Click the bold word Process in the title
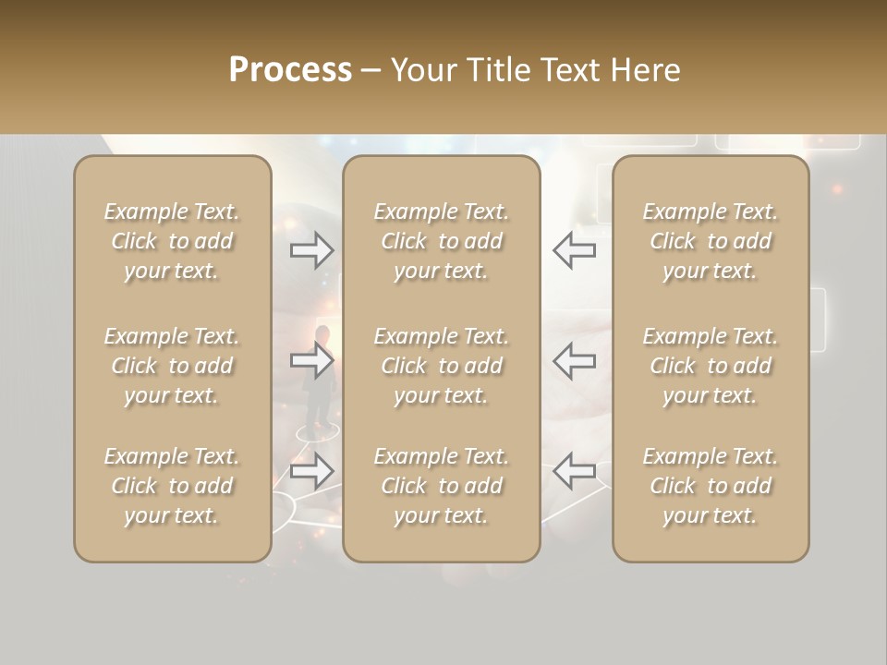tap(290, 70)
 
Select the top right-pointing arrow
tap(312, 250)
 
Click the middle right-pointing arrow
tap(312, 360)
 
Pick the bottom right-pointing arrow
tap(312, 471)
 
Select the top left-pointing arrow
tap(575, 250)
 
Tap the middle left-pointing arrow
tap(575, 360)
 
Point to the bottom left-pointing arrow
tap(575, 471)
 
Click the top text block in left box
tap(172, 241)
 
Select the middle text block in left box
tap(172, 366)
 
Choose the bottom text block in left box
tap(172, 486)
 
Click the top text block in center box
tap(441, 241)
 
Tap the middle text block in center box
tap(441, 366)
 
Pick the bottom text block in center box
tap(441, 486)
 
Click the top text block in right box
tap(710, 241)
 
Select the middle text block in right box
tap(710, 366)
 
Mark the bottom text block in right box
tap(710, 486)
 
